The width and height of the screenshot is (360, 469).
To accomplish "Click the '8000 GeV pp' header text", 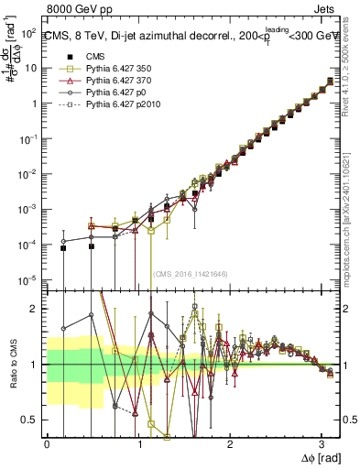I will click(38, 8).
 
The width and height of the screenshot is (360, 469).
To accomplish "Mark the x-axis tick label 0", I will click(47, 443).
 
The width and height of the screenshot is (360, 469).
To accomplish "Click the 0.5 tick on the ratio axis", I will click(32, 420).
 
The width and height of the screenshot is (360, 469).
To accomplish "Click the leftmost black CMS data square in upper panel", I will click(63, 248).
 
